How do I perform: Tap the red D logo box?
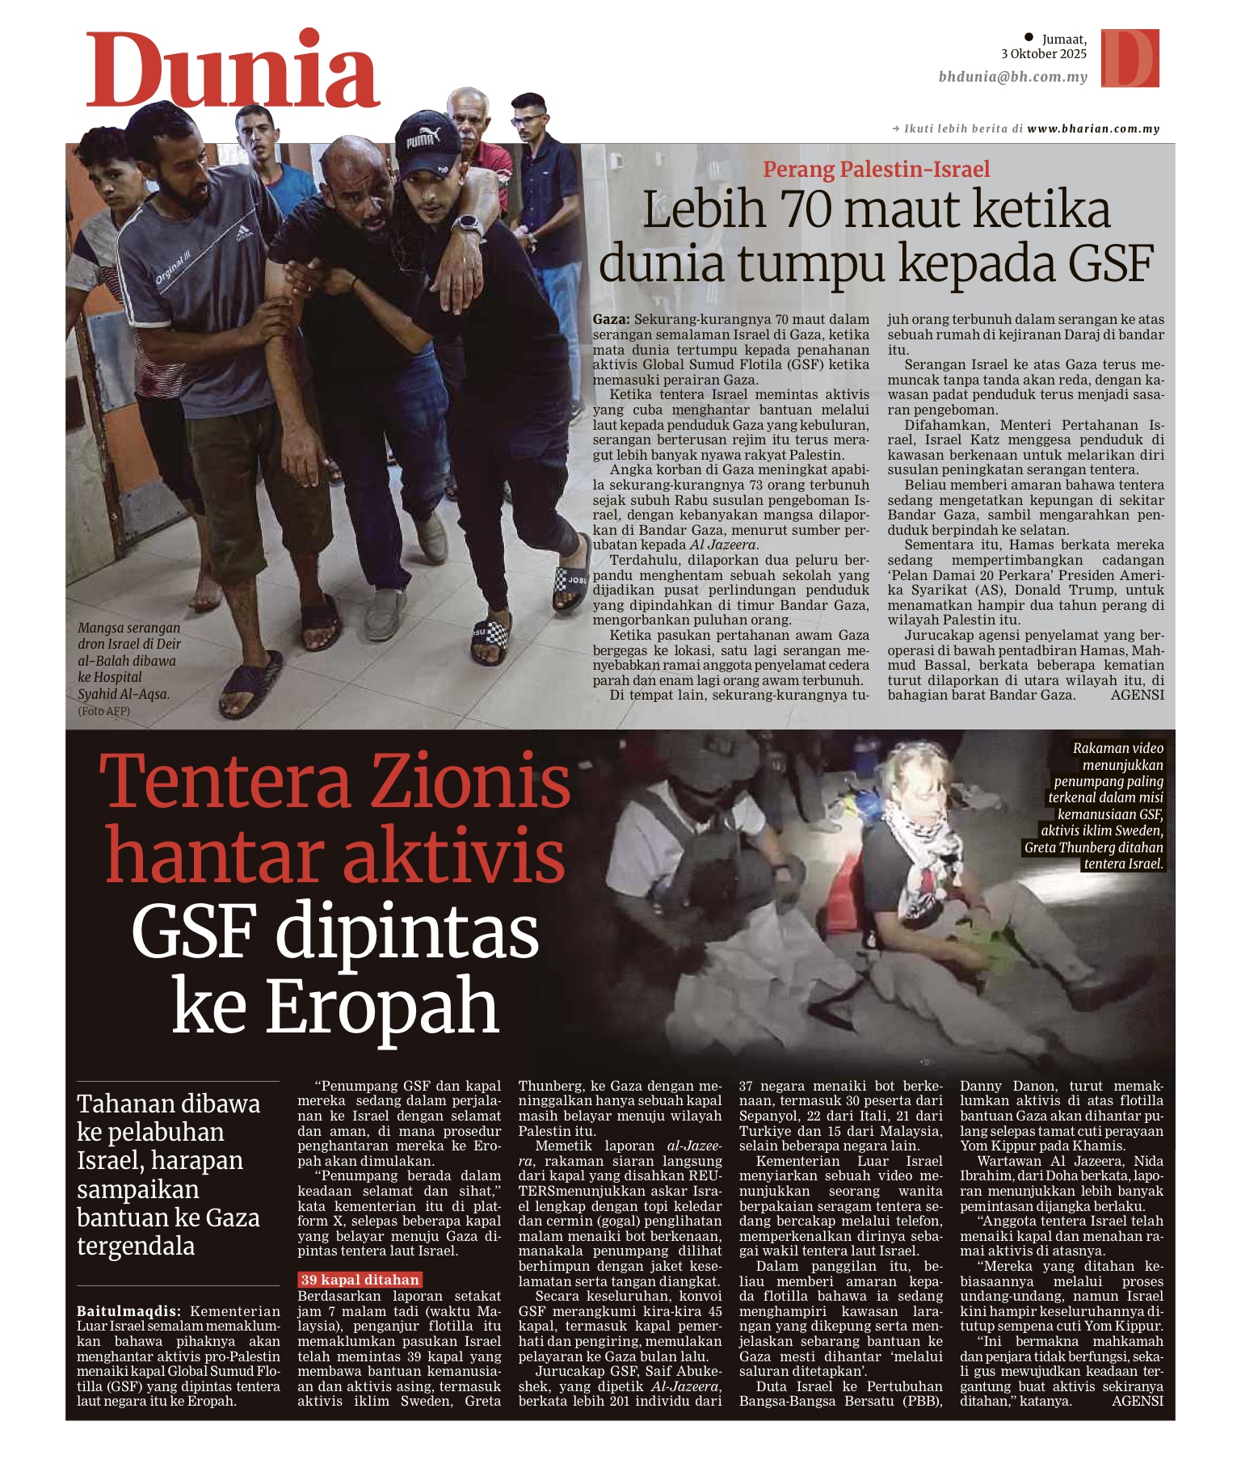(1130, 57)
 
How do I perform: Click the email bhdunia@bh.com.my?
(1012, 77)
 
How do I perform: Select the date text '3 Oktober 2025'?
(1043, 54)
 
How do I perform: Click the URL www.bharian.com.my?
(1093, 128)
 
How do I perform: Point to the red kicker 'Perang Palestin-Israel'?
(877, 169)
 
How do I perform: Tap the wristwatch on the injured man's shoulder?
(466, 224)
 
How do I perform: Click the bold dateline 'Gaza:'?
(612, 320)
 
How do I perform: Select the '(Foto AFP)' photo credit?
(103, 711)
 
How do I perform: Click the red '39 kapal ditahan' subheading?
(360, 1280)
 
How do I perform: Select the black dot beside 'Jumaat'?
(1029, 36)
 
